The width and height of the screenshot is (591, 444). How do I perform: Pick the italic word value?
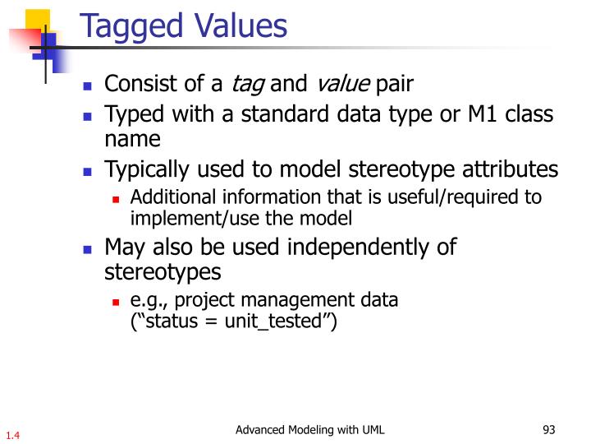coord(343,84)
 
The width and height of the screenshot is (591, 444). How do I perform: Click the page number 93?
coord(550,429)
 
